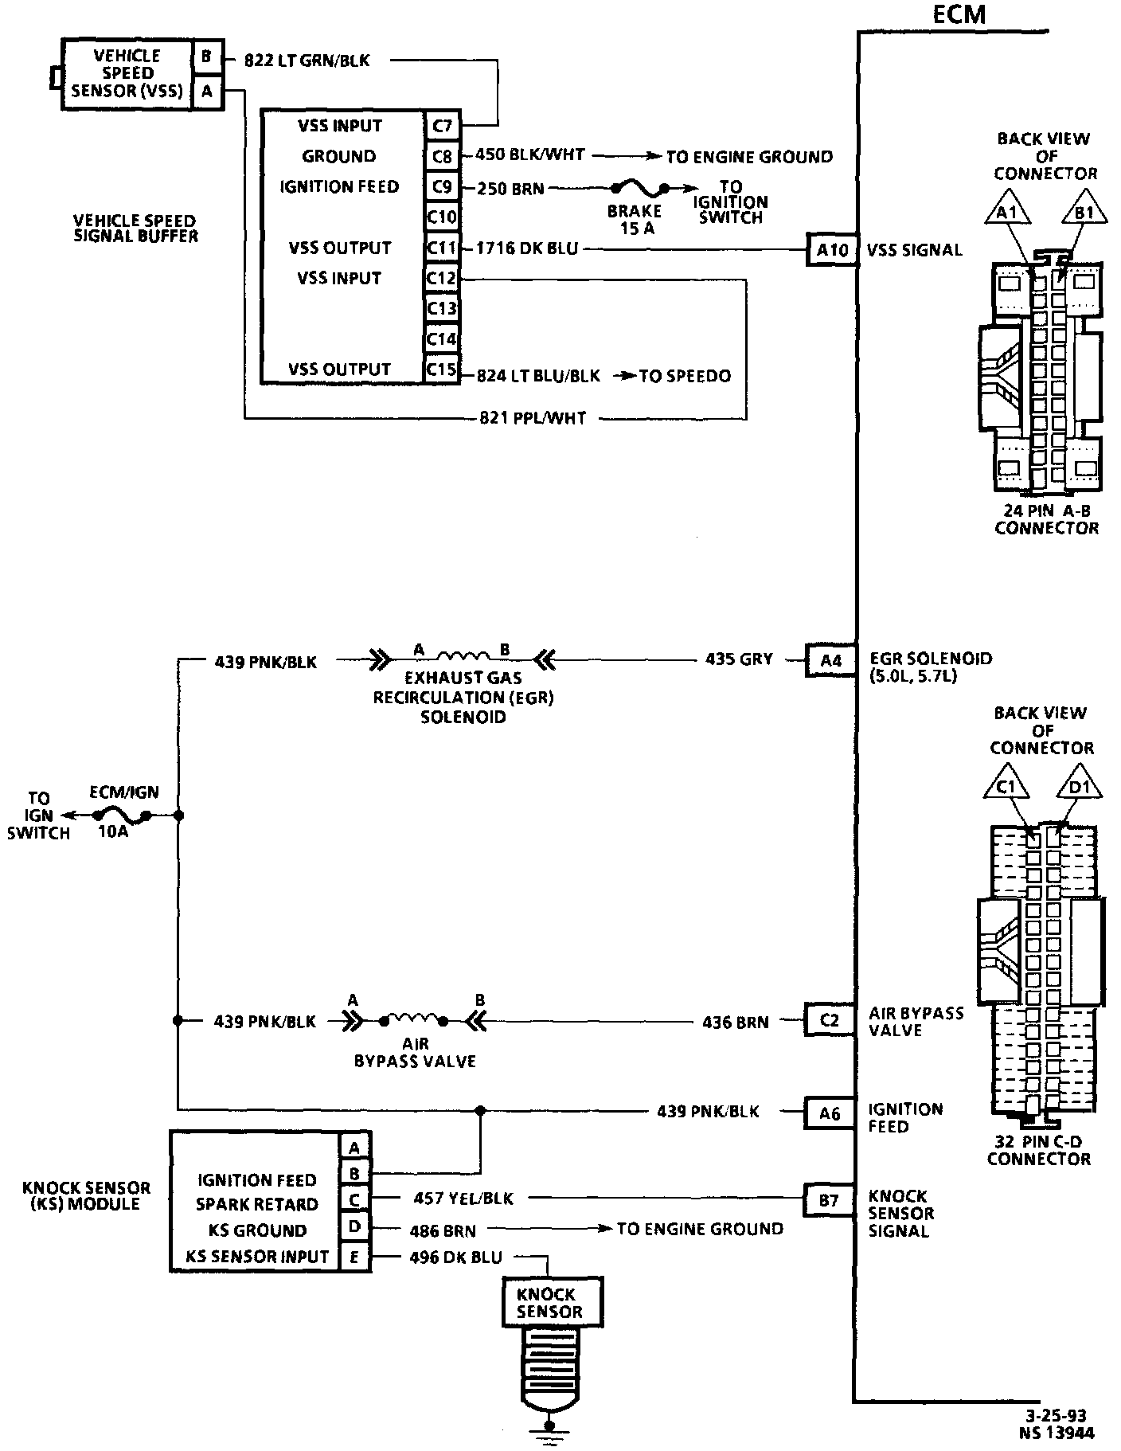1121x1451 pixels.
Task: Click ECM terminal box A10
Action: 832,250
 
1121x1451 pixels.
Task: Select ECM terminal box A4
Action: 831,660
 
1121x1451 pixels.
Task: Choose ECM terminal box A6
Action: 830,1113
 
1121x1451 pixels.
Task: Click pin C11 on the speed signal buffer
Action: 441,248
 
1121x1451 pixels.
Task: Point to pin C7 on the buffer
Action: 441,126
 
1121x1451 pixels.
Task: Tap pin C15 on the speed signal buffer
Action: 441,370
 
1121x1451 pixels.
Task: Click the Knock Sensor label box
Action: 549,1303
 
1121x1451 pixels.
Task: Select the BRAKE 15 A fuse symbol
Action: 639,190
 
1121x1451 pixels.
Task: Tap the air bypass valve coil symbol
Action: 414,1019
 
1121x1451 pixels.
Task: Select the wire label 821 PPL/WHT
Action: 533,417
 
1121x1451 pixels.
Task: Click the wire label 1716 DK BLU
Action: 526,248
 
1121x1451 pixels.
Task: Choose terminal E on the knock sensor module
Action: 354,1257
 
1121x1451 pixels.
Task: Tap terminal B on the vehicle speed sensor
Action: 206,57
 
